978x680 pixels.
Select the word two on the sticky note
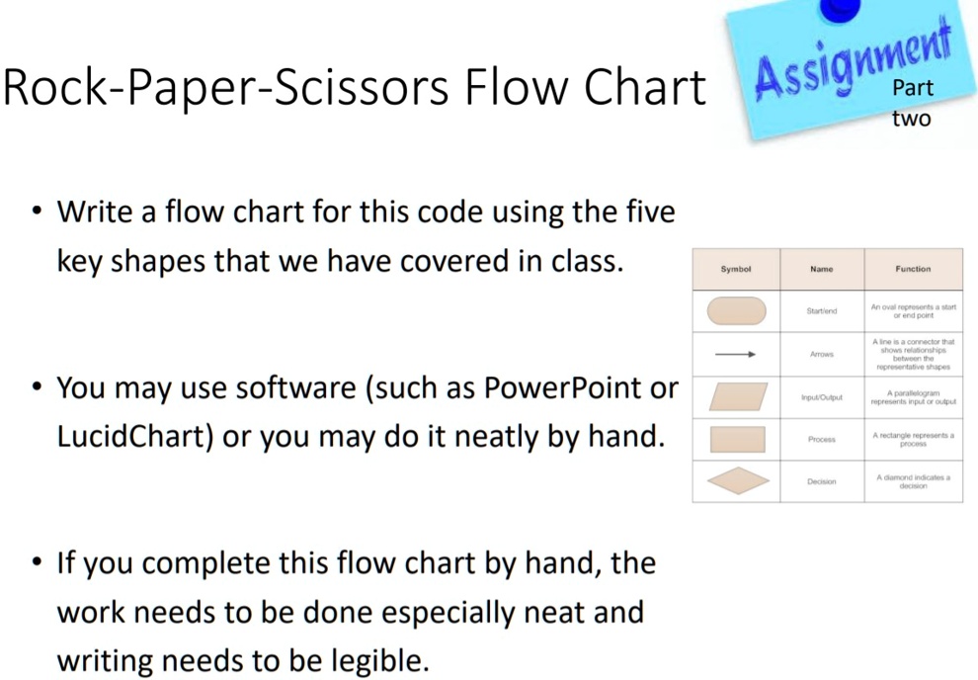tap(911, 119)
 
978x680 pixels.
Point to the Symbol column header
tap(736, 269)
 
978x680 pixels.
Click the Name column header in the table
tap(821, 269)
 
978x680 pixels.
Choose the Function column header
tap(913, 269)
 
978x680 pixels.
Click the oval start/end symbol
tap(737, 310)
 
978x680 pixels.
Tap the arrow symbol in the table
tap(736, 354)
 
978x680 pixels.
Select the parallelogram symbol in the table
tap(737, 396)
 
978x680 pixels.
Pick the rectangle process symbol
tap(737, 439)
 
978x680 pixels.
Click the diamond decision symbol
tap(737, 481)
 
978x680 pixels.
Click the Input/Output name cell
tap(822, 397)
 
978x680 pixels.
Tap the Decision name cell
tap(822, 481)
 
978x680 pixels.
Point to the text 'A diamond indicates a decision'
tap(913, 481)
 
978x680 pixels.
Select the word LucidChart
tap(134, 436)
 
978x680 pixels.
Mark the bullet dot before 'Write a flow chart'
tap(37, 212)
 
